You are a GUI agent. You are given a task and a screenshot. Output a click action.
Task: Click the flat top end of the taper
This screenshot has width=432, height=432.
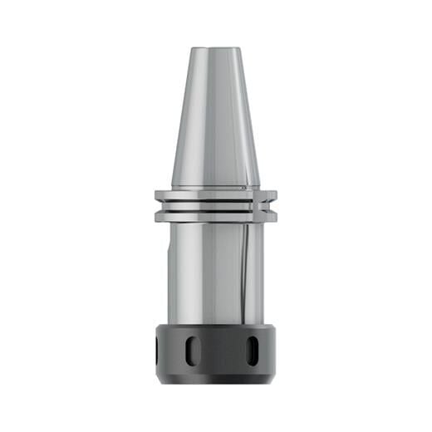click(x=215, y=48)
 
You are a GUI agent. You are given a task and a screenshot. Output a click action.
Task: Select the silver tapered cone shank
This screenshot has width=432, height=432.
click(x=215, y=116)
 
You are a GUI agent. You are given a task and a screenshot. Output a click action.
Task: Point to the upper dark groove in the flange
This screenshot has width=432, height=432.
click(x=215, y=200)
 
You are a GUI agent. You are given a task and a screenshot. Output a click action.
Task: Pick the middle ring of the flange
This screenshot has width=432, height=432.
click(x=215, y=206)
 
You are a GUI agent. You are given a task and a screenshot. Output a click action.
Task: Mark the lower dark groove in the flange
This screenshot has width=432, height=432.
click(x=215, y=212)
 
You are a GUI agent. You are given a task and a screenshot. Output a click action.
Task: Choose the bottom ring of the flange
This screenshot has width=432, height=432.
click(x=215, y=218)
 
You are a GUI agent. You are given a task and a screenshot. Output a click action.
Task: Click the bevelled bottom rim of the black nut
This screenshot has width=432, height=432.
click(x=215, y=379)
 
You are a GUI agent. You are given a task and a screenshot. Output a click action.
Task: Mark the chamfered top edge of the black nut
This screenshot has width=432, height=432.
click(x=215, y=326)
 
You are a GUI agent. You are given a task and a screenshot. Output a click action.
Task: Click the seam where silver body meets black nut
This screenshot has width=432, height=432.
click(x=215, y=322)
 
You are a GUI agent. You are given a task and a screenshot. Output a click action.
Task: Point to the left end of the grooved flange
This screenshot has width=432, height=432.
click(x=157, y=206)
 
